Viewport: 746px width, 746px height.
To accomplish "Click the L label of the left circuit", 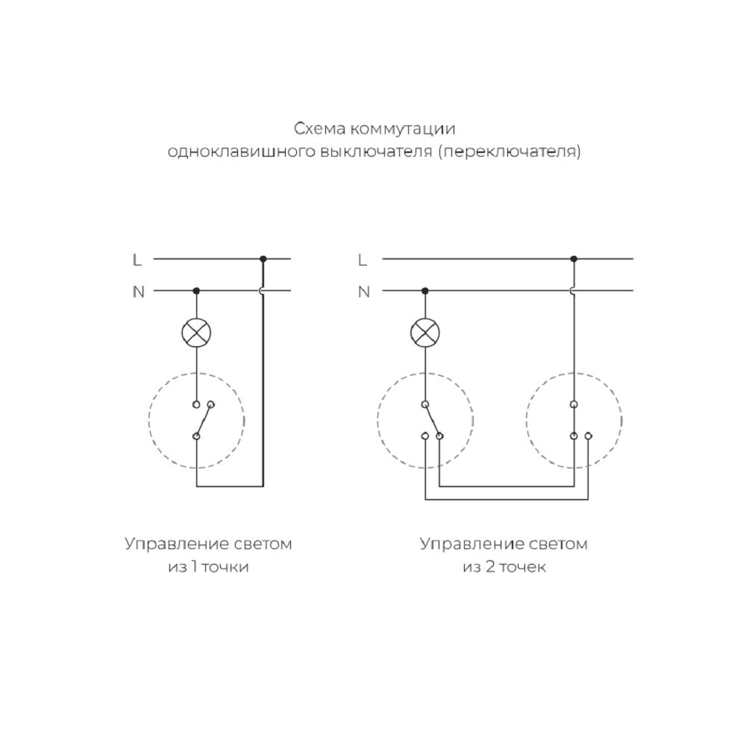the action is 137,260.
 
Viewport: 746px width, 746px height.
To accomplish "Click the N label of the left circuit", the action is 138,292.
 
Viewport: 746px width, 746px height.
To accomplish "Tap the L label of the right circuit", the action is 363,260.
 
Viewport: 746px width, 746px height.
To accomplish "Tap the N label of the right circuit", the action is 364,292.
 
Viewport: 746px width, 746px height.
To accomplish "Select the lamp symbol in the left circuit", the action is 196,332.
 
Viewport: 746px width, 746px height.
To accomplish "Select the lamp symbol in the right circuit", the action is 425,332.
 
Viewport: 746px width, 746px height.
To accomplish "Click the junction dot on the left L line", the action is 263,259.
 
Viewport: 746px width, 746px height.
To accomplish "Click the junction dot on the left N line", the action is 196,291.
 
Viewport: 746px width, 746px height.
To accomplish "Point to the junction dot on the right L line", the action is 574,259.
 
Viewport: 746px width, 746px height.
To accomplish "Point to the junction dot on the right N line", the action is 425,291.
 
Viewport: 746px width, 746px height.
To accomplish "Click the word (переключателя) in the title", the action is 509,152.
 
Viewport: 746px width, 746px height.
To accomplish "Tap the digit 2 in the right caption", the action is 489,567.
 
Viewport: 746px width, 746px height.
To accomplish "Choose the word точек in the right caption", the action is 522,568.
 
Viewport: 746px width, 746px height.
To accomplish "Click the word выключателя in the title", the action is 376,152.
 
